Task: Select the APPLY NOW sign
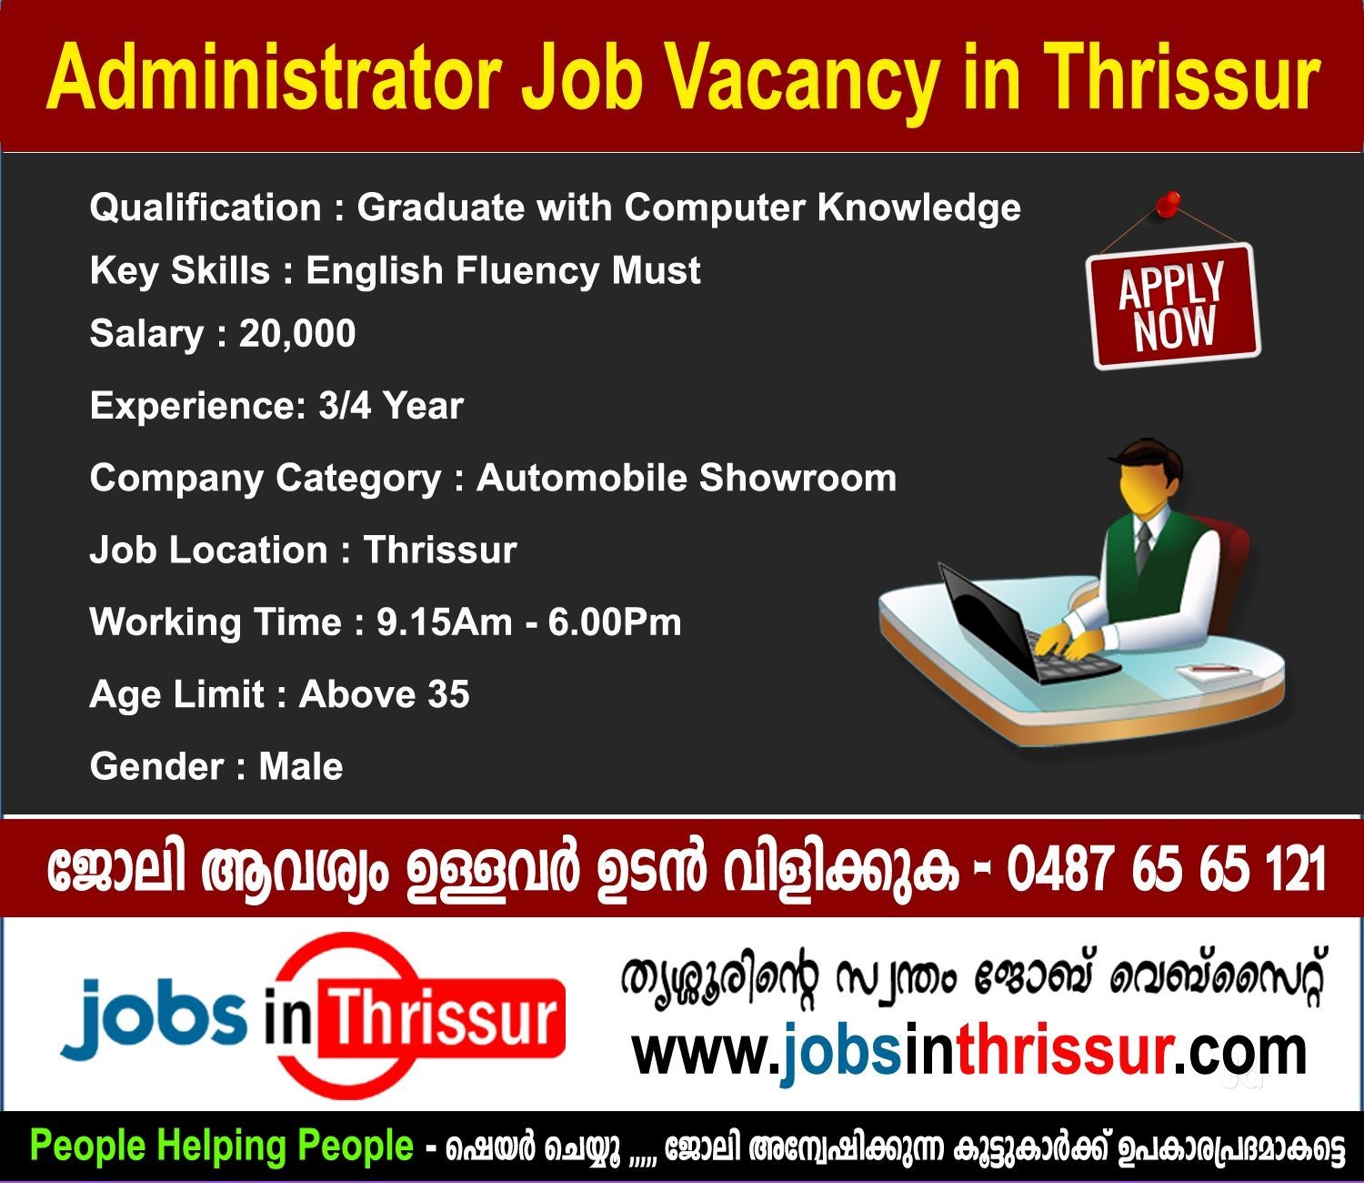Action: pyautogui.click(x=1173, y=306)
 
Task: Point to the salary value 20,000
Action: pyautogui.click(x=297, y=334)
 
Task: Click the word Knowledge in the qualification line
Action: pyautogui.click(x=918, y=208)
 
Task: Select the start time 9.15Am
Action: pyautogui.click(x=444, y=622)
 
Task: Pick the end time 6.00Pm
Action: pyautogui.click(x=615, y=622)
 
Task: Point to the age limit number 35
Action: pyautogui.click(x=448, y=694)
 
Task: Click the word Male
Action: pyautogui.click(x=300, y=767)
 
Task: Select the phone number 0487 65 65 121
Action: pyautogui.click(x=1166, y=869)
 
